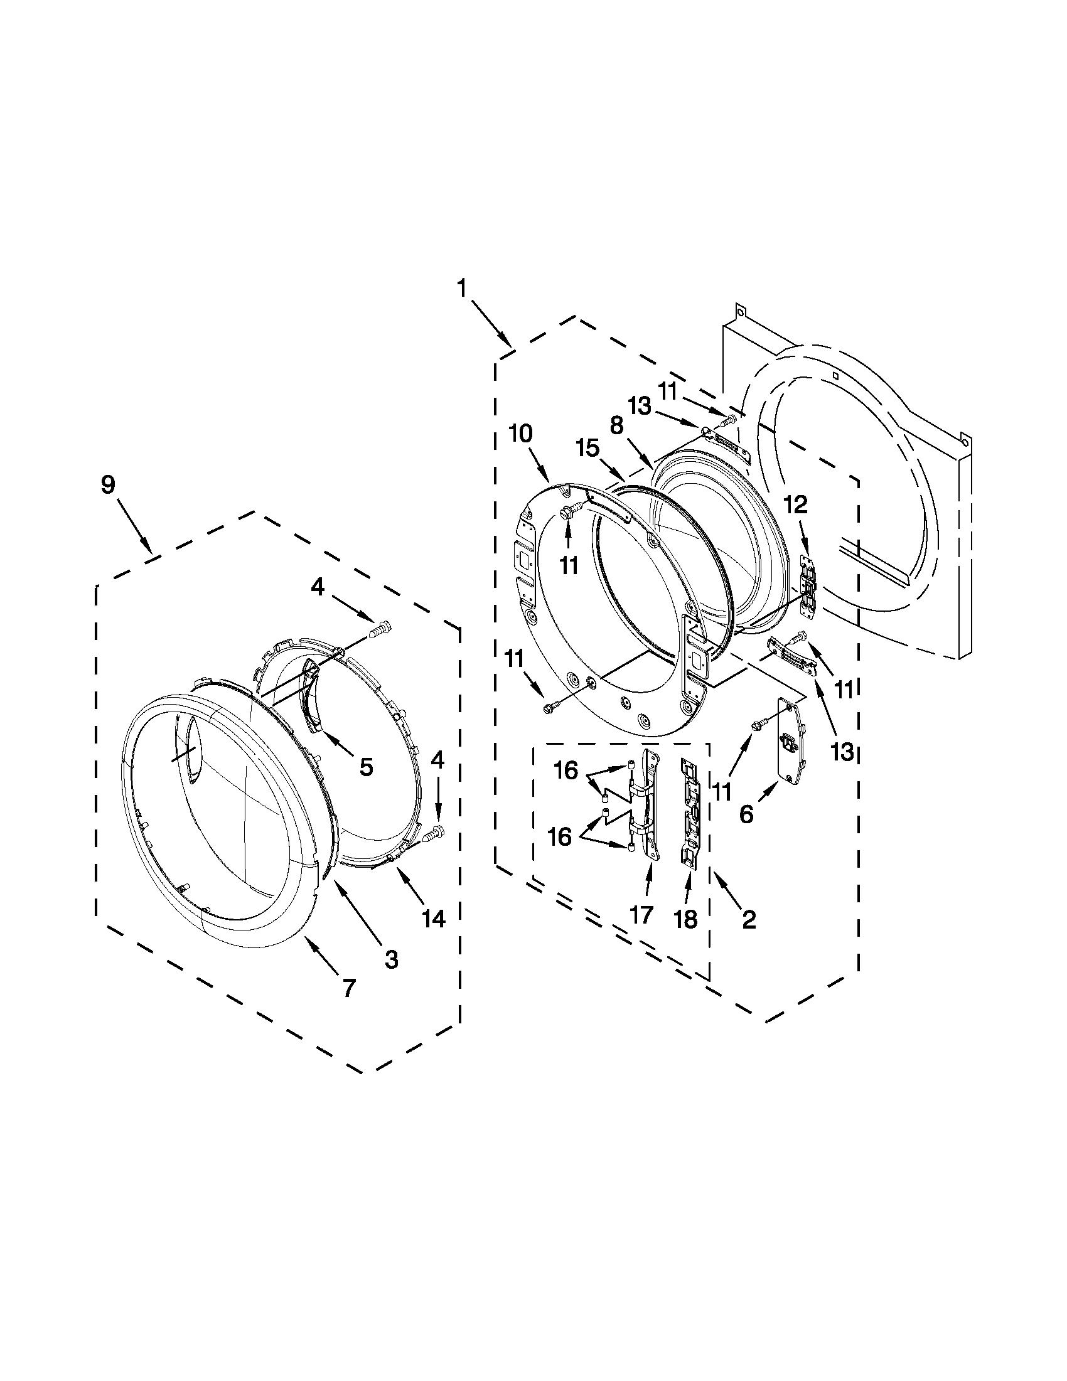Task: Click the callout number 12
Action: coord(796,504)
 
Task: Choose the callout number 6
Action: coord(746,815)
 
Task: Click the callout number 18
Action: coord(686,919)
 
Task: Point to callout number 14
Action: coord(434,918)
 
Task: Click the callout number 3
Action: coord(392,960)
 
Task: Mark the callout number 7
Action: coord(348,987)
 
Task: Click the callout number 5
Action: coord(365,767)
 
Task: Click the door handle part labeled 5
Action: coord(313,696)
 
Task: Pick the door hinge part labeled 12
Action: coord(808,585)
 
